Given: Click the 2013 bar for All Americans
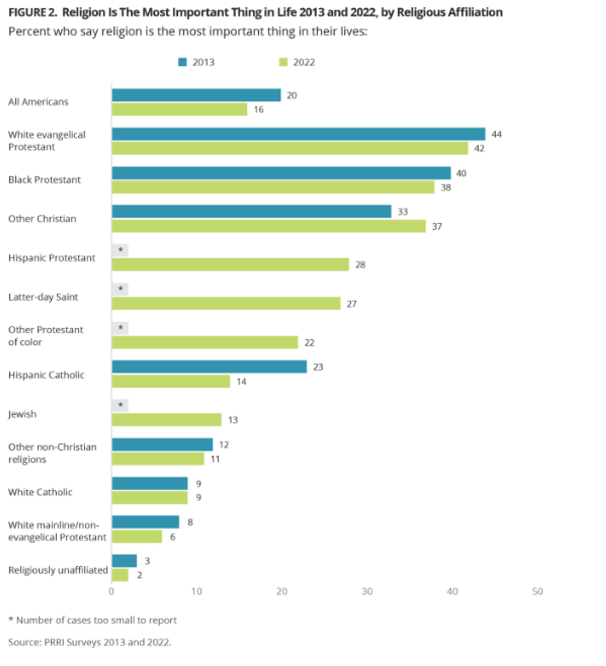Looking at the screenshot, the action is point(196,95).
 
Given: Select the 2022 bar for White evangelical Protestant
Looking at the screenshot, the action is point(290,148).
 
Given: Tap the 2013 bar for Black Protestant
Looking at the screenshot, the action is point(281,173).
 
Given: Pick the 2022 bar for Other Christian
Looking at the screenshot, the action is point(269,226).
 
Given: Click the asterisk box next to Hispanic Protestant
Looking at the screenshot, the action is point(120,250).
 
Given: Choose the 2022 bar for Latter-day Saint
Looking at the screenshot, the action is point(226,303).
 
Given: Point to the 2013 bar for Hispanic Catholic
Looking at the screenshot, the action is point(209,367).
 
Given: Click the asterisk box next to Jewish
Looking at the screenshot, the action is point(120,405).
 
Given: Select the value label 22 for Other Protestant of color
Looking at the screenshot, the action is point(309,343).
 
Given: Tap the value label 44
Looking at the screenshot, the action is point(497,135).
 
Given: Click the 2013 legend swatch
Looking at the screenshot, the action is point(182,62).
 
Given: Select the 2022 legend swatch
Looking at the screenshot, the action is point(283,62).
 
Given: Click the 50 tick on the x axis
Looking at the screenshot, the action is point(538,591).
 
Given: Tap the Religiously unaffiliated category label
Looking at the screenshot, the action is point(58,570).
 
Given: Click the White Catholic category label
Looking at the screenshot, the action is point(40,492).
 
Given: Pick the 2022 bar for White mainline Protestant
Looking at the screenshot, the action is point(137,537).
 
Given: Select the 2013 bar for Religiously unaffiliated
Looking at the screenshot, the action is point(124,561).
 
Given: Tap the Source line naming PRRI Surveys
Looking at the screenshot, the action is point(90,642).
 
